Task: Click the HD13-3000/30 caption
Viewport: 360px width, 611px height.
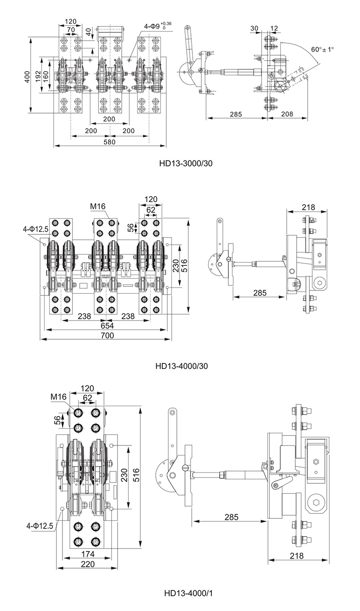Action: point(186,163)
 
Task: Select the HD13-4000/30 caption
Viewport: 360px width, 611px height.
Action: point(182,366)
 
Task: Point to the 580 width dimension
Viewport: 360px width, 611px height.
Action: point(109,142)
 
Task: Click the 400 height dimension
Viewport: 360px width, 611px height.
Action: point(27,77)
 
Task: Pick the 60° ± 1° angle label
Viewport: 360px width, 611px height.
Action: point(323,49)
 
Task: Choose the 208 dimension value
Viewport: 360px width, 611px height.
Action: point(287,114)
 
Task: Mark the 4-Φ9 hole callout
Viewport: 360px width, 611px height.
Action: point(158,26)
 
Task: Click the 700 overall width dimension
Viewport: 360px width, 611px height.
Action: point(108,335)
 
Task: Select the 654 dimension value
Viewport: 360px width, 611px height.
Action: point(108,326)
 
